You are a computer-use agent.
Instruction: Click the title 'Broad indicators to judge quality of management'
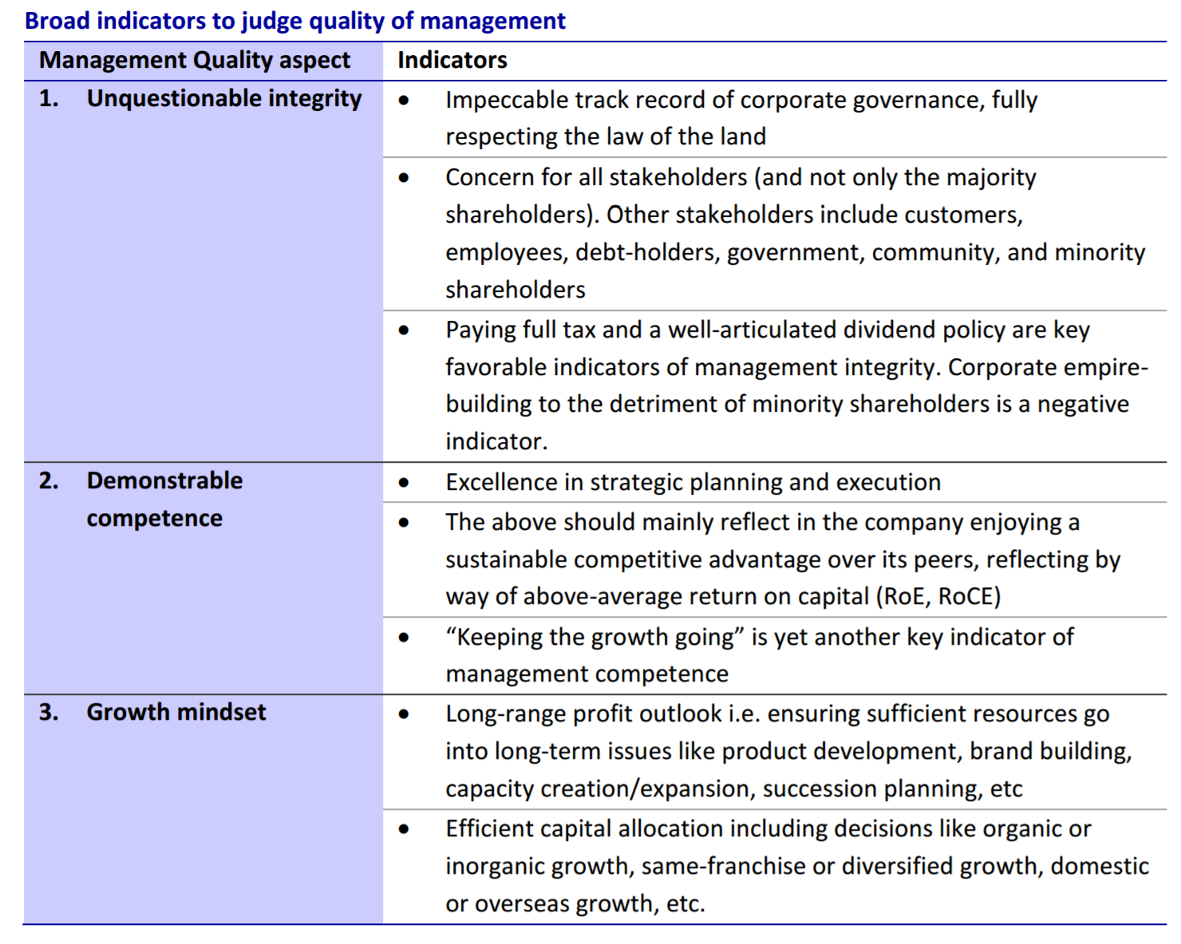[x=294, y=22]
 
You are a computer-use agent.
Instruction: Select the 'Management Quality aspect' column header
[x=194, y=60]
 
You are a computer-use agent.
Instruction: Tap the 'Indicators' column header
[x=452, y=60]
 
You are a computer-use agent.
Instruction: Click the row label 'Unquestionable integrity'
[x=224, y=99]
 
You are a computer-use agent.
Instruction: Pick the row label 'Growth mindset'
[x=176, y=712]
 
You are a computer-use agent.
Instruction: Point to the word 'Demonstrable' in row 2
[x=164, y=481]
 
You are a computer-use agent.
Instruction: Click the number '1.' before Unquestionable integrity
[x=49, y=99]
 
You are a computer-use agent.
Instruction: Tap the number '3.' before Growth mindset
[x=49, y=712]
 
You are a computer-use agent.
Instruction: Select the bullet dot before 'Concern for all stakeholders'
[x=404, y=178]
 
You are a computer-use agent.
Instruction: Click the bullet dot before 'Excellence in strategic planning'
[x=404, y=483]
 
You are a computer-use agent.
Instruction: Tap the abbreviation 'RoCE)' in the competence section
[x=970, y=597]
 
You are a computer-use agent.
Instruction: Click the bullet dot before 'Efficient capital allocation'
[x=404, y=829]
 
